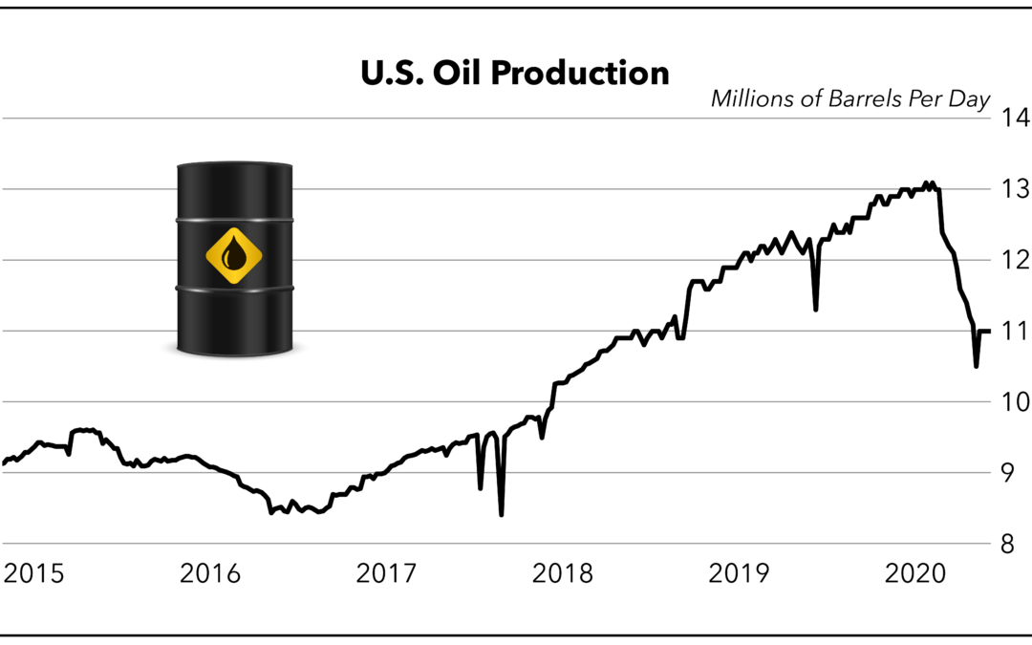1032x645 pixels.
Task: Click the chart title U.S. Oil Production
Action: (515, 73)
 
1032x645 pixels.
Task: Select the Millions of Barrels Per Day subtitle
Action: (849, 98)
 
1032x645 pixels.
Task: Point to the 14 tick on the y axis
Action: (1011, 119)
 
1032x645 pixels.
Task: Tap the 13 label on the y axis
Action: (1011, 190)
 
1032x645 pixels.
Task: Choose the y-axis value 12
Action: (1011, 261)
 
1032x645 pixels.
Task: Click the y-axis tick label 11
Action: (1011, 332)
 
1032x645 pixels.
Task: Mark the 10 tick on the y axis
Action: (1011, 402)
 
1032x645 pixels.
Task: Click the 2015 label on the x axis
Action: (34, 574)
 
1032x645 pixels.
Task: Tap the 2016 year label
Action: (210, 574)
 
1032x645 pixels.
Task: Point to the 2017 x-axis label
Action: (386, 574)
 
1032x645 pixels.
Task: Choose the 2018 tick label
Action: (562, 574)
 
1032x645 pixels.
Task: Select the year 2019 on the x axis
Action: (739, 574)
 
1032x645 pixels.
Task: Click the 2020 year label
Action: (914, 574)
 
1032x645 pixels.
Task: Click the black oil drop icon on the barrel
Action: (234, 256)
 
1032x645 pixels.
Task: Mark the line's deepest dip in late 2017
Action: (502, 514)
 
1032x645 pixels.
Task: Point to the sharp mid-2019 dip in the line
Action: (815, 309)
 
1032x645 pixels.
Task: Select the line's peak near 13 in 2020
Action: (926, 182)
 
